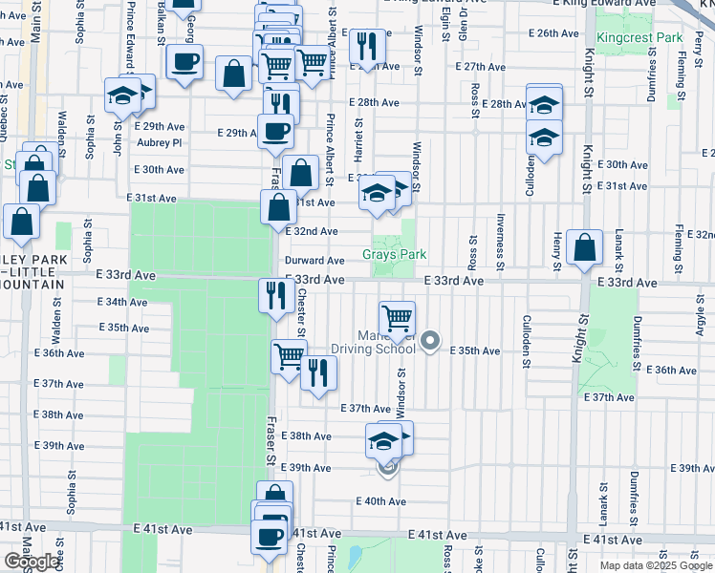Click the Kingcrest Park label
coord(626,37)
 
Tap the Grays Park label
coord(394,255)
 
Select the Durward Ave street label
coord(314,261)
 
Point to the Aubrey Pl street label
coord(159,143)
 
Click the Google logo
coord(31,562)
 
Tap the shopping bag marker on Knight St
coord(584,246)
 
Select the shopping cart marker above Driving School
coord(397,316)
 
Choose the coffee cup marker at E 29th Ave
coord(275,130)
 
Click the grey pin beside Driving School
coord(430,340)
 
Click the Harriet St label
coord(358,138)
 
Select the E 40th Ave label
coord(380,501)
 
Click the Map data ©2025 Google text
coord(657,565)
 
